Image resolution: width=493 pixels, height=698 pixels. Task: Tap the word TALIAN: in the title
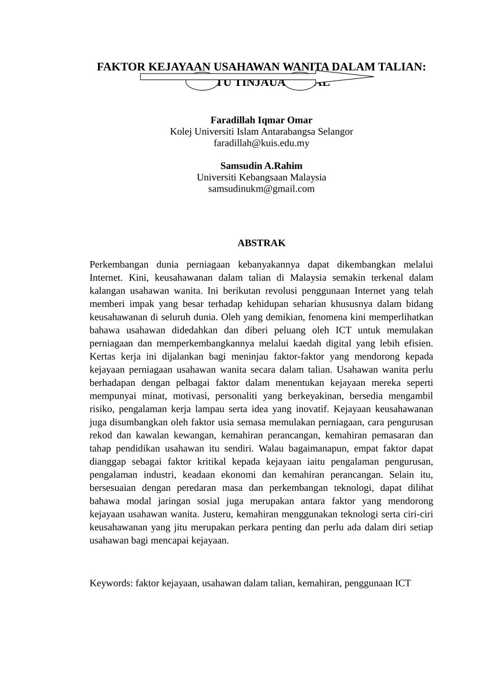coord(402,67)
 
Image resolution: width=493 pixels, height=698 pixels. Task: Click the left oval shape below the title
coord(201,84)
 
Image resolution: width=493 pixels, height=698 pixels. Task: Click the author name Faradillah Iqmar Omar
coord(261,120)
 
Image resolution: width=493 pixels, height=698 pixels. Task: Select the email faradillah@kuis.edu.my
coord(261,143)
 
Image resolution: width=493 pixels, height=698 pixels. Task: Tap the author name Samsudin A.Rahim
coord(261,166)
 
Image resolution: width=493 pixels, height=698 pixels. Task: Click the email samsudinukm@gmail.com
coord(261,189)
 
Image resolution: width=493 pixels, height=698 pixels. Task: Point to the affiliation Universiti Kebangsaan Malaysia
coord(261,177)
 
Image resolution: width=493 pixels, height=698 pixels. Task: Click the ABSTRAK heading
coord(261,243)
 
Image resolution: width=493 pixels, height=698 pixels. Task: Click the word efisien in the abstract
coord(418,343)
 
